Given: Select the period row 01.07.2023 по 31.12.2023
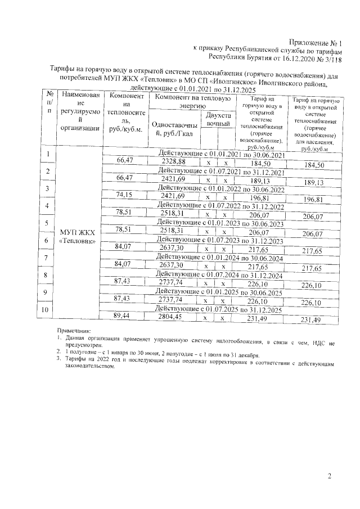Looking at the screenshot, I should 220,240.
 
